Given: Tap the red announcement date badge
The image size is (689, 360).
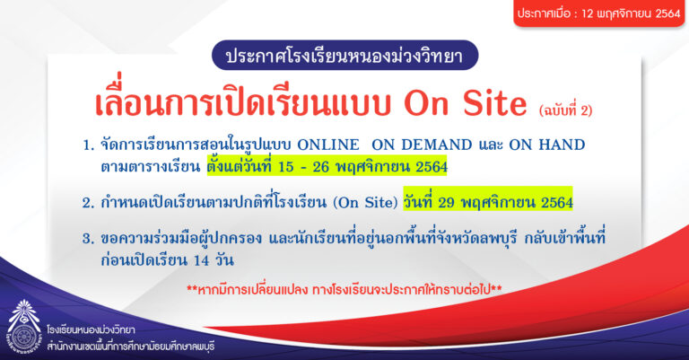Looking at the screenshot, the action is point(599,13).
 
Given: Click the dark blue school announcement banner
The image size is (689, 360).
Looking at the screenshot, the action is point(344,56).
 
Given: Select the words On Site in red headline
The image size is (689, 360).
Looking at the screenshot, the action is point(466,103).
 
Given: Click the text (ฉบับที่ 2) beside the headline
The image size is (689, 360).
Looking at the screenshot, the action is point(565,110).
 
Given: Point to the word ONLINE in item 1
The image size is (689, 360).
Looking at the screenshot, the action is point(327,145).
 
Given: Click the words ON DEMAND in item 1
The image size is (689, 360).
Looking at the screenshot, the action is point(422,145).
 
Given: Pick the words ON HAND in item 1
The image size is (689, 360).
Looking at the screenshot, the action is point(547,145).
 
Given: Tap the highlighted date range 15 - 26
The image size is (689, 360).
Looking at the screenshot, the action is point(303,167).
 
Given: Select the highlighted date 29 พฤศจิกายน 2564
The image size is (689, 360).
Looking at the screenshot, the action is point(505,202).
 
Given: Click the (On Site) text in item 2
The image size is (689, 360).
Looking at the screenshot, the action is point(365,202).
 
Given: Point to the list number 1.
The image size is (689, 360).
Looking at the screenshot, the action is point(88,145).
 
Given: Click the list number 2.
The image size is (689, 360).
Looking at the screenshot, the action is point(88,203).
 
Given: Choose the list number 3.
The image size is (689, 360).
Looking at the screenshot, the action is point(88,239).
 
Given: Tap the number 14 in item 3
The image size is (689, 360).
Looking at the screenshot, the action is point(201,260).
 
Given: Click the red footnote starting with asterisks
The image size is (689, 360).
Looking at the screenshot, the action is point(344,290).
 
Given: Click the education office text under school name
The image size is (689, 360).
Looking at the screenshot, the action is point(130,347).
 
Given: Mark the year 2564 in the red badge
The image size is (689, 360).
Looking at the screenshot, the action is point(667,13).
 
